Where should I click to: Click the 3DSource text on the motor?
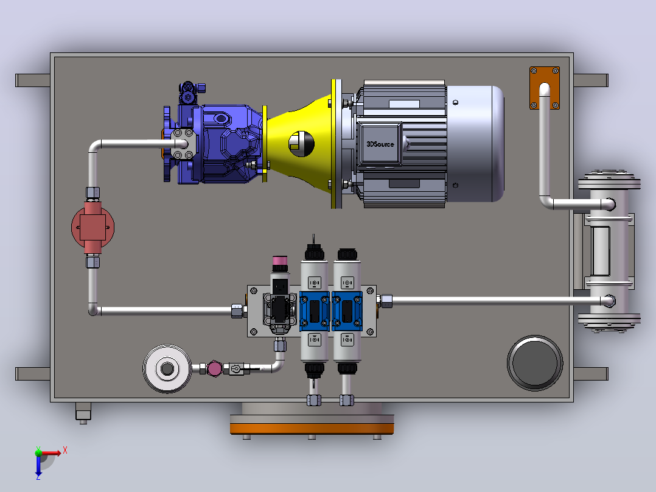(380, 144)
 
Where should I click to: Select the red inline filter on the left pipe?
(93, 227)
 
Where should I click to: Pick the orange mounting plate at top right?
(544, 88)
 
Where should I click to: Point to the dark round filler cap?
(535, 363)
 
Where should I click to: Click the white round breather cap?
(167, 368)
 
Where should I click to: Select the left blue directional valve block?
(315, 311)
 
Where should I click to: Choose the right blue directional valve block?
(347, 311)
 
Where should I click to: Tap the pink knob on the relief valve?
(280, 264)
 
